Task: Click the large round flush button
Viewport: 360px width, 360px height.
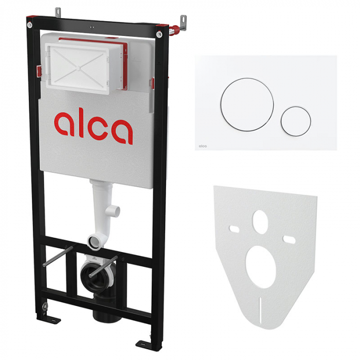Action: pos(247,105)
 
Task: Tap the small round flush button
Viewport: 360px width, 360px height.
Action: pos(296,121)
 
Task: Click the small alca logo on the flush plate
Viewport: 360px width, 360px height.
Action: pos(203,146)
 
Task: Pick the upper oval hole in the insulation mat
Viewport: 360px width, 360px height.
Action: pos(261,222)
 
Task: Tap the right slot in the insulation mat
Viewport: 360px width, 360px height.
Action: pos(289,240)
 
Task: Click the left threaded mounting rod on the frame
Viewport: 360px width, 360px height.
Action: pos(58,256)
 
